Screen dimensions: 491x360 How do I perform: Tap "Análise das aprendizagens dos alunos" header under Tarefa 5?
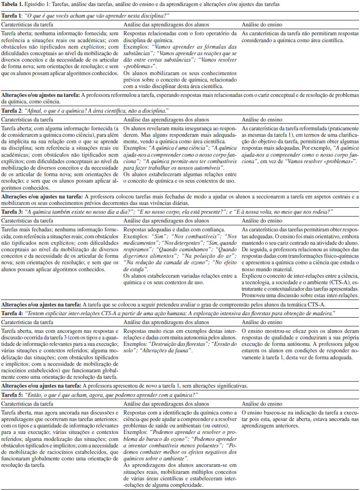point(161,402)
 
